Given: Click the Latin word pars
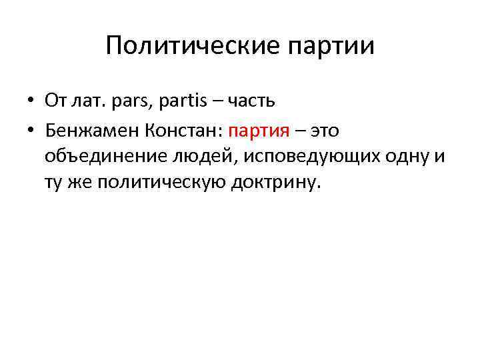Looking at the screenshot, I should pyautogui.click(x=125, y=101).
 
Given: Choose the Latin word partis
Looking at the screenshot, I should pyautogui.click(x=180, y=101).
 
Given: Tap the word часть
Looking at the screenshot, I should pyautogui.click(x=251, y=101).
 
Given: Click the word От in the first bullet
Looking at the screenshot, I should pyautogui.click(x=54, y=101).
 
